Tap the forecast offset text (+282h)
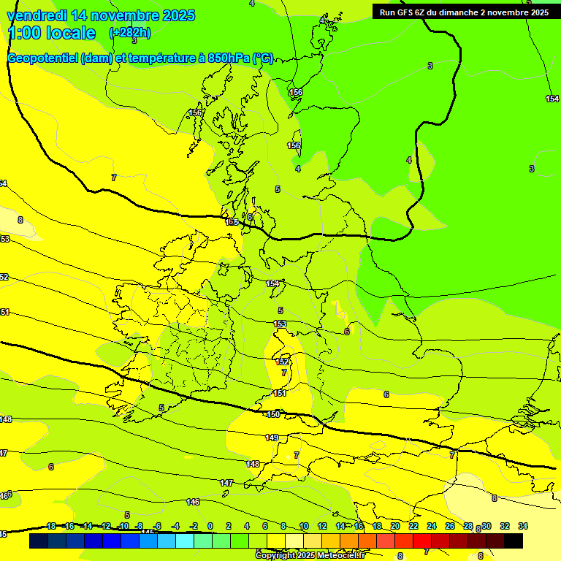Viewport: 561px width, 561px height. coord(130,33)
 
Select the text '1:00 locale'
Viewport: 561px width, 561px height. coord(52,33)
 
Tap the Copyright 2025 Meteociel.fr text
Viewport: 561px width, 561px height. coord(310,556)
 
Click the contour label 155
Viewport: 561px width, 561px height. coord(232,221)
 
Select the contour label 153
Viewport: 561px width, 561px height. coord(280,324)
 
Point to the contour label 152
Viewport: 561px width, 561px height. coord(282,362)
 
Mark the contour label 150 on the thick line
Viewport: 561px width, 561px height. coord(273,414)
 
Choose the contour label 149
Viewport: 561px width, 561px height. coord(272,438)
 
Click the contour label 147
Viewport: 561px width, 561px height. coord(226,483)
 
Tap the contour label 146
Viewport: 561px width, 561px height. coord(193,502)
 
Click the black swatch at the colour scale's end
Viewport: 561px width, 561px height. coord(514,541)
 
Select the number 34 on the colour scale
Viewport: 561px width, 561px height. coord(523,526)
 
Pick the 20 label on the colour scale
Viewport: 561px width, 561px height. coord(395,526)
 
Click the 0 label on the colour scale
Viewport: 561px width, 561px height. coord(210,526)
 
